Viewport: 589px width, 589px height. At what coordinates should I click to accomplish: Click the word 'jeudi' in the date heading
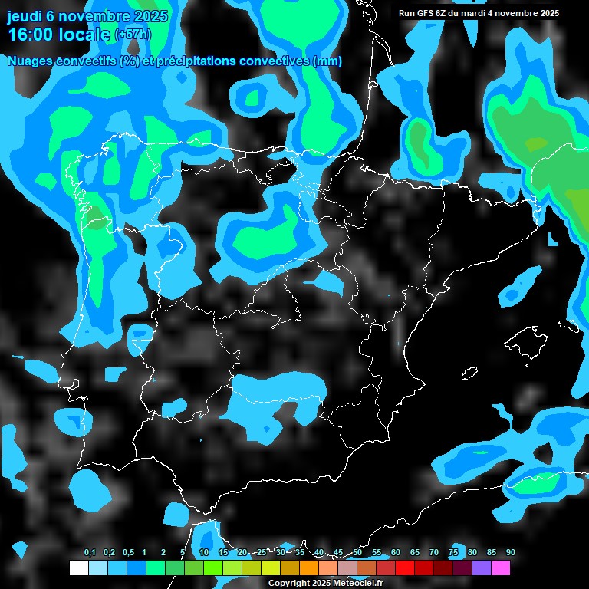pyautogui.click(x=25, y=16)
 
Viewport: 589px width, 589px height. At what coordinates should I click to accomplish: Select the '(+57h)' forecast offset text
pyautogui.click(x=133, y=35)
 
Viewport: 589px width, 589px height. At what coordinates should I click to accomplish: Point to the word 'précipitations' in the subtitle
pyautogui.click(x=200, y=61)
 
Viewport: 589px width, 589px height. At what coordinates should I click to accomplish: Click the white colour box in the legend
pyautogui.click(x=78, y=568)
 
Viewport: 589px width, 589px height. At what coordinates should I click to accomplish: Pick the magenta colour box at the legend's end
pyautogui.click(x=500, y=568)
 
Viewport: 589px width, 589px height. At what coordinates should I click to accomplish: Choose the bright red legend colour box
pyautogui.click(x=404, y=568)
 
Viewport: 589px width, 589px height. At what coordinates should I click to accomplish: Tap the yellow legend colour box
pyautogui.click(x=270, y=568)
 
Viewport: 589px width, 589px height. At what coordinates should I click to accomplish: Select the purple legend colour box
pyautogui.click(x=481, y=568)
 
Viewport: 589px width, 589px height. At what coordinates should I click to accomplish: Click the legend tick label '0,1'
pyautogui.click(x=89, y=553)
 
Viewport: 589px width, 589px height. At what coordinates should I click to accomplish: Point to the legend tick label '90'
pyautogui.click(x=510, y=553)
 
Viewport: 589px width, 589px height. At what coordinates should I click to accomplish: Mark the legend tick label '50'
pyautogui.click(x=357, y=553)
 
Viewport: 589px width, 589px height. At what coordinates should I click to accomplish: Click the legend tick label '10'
pyautogui.click(x=203, y=553)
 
